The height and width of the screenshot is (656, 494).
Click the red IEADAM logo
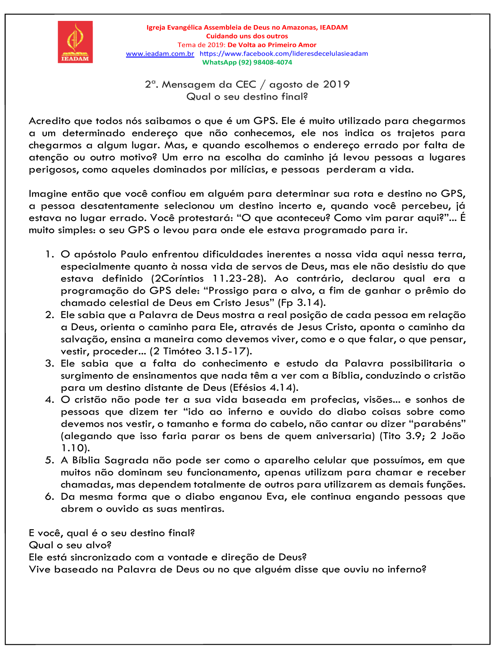[75, 42]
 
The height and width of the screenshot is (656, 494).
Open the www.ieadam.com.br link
[160, 54]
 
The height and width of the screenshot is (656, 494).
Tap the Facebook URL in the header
[283, 54]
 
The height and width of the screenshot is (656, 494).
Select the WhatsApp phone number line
[247, 62]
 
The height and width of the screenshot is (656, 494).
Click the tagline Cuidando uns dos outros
[247, 36]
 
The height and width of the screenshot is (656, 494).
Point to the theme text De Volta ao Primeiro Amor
[272, 45]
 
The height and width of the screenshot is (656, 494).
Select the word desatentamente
[120, 206]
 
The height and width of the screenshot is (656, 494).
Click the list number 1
[50, 254]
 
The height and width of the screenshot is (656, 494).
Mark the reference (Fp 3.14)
[301, 303]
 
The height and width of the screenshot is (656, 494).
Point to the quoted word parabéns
[440, 424]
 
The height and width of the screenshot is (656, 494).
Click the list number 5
[50, 461]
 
